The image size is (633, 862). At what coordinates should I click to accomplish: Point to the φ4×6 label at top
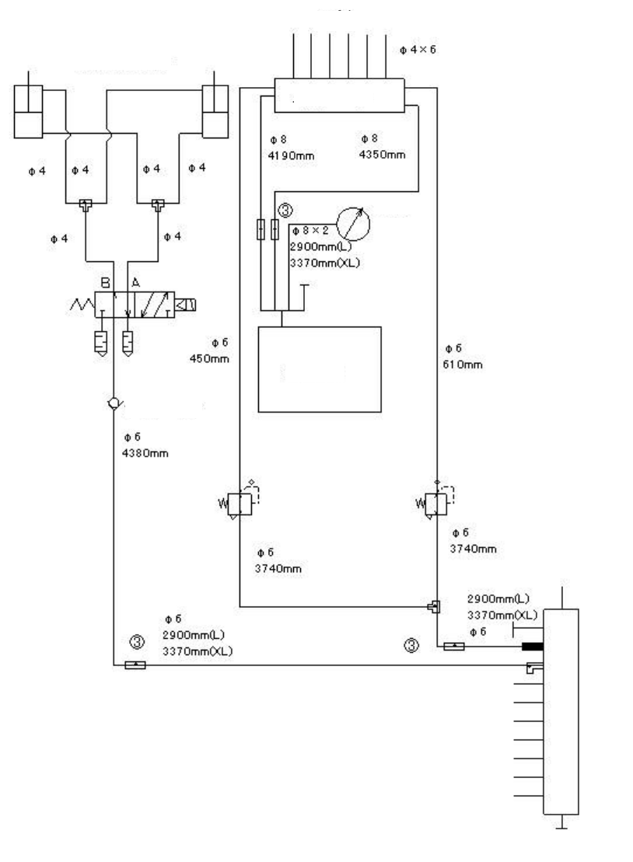click(x=418, y=49)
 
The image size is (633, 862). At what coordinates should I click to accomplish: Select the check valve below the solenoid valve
click(x=114, y=404)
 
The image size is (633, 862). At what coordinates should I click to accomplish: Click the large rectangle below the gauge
click(x=320, y=368)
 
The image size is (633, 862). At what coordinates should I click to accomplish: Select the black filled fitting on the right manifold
click(x=532, y=646)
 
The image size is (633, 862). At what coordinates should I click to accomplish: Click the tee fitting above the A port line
click(x=159, y=204)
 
